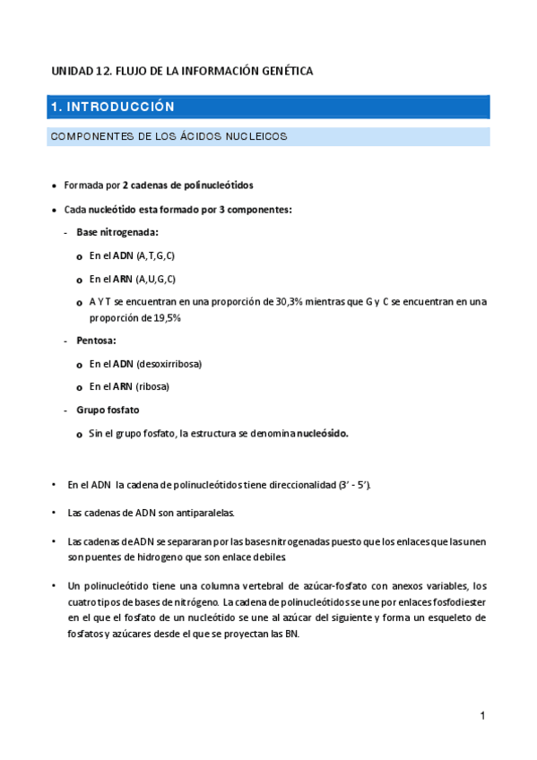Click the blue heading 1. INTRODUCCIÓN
pyautogui.click(x=112, y=107)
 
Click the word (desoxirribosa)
pyautogui.click(x=169, y=364)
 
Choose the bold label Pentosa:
pyautogui.click(x=97, y=341)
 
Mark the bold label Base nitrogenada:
pyautogui.click(x=117, y=232)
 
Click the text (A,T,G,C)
pyautogui.click(x=155, y=255)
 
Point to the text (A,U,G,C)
pyautogui.click(x=155, y=279)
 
